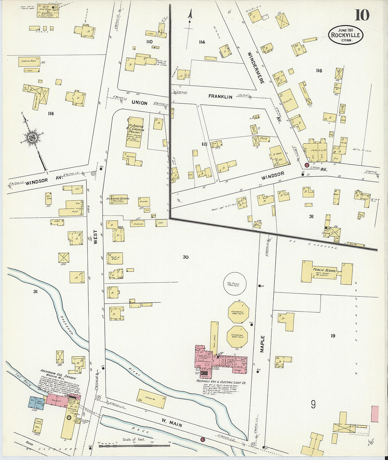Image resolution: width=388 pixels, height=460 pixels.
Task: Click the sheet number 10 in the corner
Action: (362, 15)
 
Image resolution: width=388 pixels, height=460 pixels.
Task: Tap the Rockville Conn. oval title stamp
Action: (345, 35)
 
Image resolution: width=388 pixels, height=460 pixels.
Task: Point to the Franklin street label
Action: (220, 96)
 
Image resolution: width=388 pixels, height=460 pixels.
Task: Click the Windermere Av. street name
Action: (256, 68)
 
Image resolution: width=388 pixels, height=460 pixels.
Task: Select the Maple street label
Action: (262, 344)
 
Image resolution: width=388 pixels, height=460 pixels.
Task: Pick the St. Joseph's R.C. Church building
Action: (135, 132)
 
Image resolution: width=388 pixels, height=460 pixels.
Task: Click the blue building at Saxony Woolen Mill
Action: (37, 403)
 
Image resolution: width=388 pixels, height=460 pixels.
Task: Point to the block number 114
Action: (201, 42)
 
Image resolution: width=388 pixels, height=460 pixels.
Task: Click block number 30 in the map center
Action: (186, 257)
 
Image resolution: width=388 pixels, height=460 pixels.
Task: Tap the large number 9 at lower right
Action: (313, 405)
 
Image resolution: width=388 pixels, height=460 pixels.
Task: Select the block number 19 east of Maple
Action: (333, 336)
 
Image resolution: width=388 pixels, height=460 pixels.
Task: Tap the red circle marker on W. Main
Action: (202, 439)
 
